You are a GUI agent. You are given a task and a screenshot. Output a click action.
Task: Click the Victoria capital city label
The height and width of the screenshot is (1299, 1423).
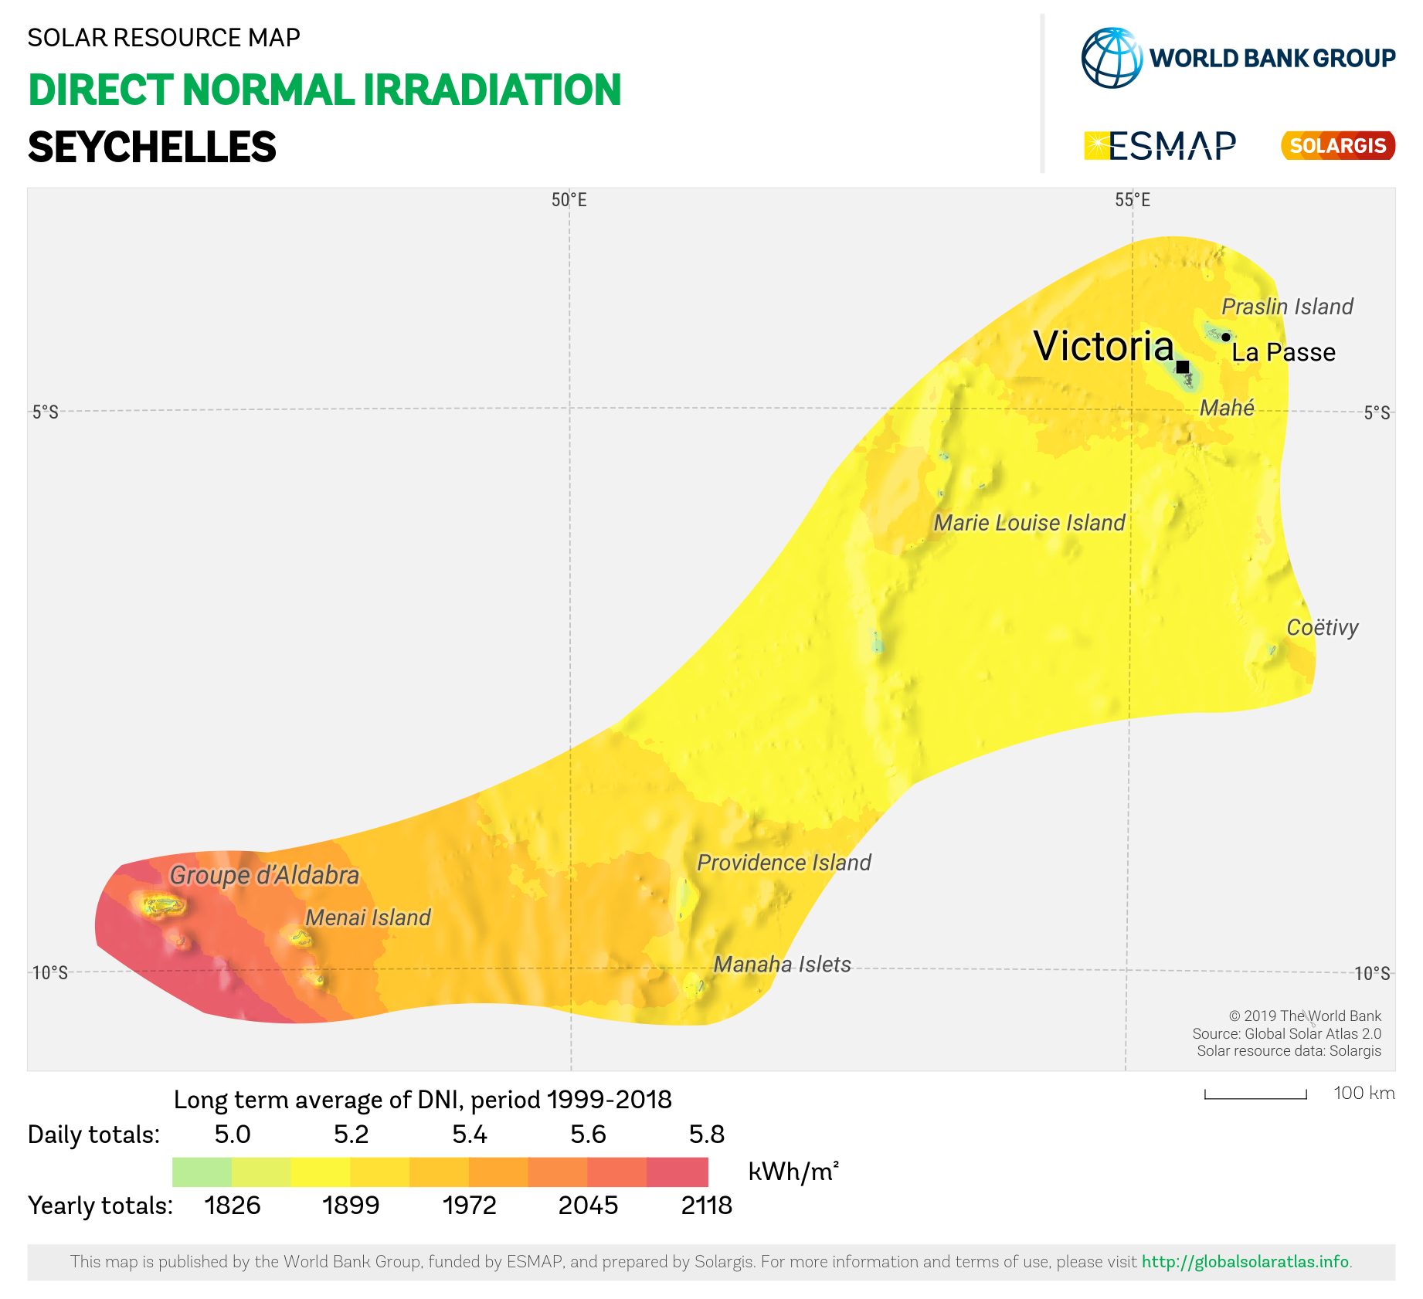[1103, 346]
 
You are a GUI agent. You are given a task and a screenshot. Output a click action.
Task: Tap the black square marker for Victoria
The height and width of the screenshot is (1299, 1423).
[1183, 367]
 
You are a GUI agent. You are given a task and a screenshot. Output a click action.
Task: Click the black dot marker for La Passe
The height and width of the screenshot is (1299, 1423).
[1225, 337]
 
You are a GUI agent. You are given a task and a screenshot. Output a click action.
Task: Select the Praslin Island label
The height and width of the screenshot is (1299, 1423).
[1287, 307]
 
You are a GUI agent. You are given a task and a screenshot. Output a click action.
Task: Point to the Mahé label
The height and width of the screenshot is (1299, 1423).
[1227, 408]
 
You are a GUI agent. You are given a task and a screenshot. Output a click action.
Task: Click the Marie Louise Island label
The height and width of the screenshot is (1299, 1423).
[1029, 523]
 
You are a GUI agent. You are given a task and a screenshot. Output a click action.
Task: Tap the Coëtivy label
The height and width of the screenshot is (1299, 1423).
[1322, 628]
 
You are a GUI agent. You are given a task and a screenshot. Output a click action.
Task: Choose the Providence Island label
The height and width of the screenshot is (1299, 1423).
[784, 863]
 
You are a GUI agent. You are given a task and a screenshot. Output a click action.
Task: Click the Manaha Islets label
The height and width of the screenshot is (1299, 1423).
[782, 965]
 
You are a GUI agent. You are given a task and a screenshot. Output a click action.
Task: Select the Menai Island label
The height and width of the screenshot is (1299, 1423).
[368, 917]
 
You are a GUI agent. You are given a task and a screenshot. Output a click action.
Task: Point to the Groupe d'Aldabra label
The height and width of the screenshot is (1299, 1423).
[264, 876]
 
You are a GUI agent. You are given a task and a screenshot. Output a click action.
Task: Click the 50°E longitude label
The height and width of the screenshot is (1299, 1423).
[569, 201]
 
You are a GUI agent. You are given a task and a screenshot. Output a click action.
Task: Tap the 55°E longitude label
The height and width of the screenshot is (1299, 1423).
[1133, 201]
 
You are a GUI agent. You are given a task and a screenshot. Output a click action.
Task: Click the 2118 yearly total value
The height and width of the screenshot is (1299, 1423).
[706, 1206]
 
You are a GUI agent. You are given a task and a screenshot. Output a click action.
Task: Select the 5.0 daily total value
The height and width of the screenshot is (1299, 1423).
[233, 1135]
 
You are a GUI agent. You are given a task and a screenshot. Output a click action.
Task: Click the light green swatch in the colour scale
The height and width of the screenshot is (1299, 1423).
[202, 1172]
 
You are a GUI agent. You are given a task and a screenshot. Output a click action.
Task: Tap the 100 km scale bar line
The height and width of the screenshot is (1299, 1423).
[1255, 1096]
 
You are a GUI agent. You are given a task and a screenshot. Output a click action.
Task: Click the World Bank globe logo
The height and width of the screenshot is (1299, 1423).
[1112, 58]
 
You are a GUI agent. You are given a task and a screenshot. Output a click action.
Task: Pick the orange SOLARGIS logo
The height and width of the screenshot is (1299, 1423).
[1338, 146]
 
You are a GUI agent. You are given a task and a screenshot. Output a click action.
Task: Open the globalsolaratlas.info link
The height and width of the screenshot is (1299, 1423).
[1245, 1262]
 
